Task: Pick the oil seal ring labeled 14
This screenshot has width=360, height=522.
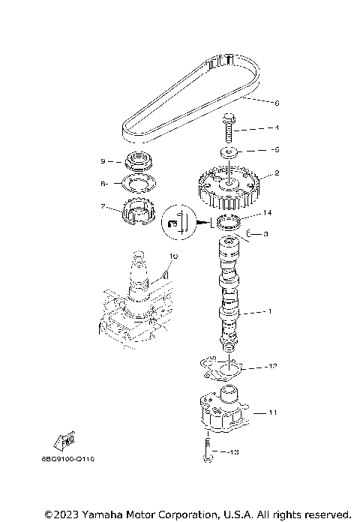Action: [228, 222]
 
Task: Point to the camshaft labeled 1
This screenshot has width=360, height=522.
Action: [229, 300]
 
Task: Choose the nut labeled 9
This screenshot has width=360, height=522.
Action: [139, 160]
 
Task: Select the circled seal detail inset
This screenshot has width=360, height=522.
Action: [177, 223]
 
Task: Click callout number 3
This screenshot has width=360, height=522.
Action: [265, 234]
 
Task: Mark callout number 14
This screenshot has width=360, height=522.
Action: [266, 213]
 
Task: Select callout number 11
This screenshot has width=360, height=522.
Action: [272, 412]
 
